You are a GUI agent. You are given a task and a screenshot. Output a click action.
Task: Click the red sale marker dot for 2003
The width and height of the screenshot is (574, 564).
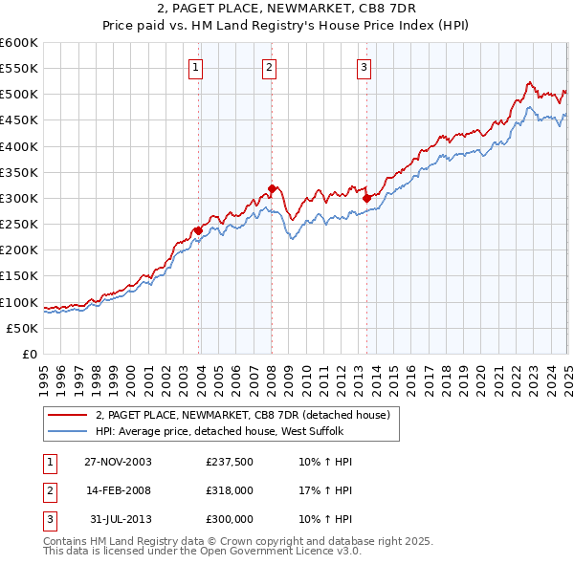[198, 230]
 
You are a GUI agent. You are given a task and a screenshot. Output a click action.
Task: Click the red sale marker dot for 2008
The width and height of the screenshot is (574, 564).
[272, 188]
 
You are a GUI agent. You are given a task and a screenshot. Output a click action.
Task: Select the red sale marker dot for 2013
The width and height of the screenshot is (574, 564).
[366, 198]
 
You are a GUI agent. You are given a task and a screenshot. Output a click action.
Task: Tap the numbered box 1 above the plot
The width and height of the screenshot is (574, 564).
[195, 67]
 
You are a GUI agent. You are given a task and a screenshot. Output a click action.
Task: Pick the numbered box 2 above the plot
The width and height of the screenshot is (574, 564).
[269, 67]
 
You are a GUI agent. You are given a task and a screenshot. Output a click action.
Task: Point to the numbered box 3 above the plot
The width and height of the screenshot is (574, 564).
[364, 67]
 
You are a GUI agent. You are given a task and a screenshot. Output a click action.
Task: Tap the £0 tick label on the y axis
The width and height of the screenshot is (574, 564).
[28, 354]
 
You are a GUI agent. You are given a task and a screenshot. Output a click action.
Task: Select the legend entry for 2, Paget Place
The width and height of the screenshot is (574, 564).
[242, 416]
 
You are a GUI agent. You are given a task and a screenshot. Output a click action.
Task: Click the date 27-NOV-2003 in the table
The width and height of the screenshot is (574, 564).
[119, 462]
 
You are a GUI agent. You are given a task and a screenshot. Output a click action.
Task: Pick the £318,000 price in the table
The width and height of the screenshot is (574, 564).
[230, 490]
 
